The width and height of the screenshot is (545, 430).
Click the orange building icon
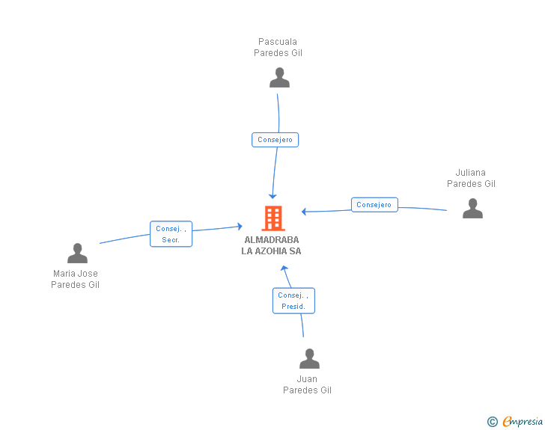coord(273,218)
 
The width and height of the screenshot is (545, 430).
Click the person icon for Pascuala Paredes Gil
coord(279,78)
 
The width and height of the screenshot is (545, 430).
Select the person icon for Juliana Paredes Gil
coord(472,208)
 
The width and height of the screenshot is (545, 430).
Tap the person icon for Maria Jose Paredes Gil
coord(78,253)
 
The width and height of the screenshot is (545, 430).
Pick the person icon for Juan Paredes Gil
coord(309,358)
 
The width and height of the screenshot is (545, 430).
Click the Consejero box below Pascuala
coord(275,140)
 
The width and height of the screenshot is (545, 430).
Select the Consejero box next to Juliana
coord(374,205)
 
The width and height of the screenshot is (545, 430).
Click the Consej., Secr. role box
coord(171,234)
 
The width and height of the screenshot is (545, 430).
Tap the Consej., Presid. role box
coord(293,301)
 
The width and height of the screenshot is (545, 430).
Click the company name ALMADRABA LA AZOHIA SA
coord(272,245)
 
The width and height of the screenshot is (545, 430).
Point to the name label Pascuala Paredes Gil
coord(278,47)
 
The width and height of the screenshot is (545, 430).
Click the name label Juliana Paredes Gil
coord(471,178)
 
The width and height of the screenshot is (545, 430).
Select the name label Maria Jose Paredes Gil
coord(76,279)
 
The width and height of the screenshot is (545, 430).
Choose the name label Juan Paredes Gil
coord(307,384)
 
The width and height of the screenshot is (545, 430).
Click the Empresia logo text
coord(523,421)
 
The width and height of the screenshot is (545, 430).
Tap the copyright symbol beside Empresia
coord(492,422)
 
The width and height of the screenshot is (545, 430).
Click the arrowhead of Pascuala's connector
coord(272,196)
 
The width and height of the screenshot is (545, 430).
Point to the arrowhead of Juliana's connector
coord(304,212)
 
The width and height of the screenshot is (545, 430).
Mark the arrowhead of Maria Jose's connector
coord(240,227)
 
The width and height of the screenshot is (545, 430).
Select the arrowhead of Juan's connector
coord(284,268)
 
